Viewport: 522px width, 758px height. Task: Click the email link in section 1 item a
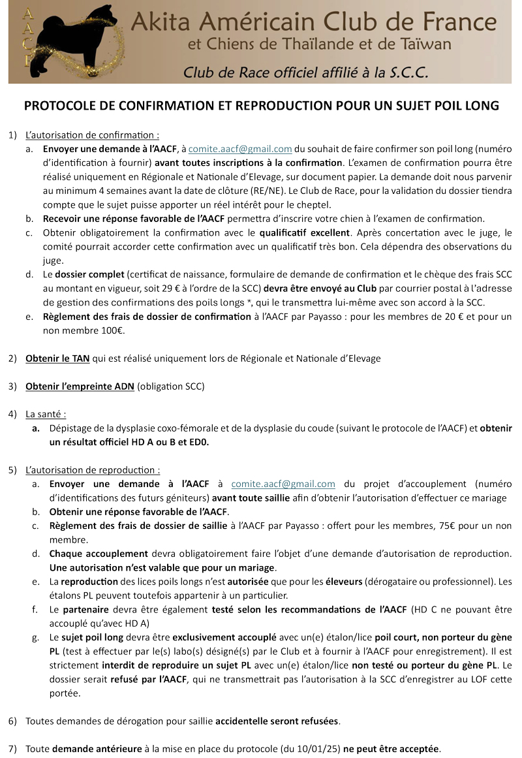point(240,149)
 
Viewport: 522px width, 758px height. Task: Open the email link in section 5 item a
point(283,484)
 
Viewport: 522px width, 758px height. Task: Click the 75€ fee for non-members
point(464,526)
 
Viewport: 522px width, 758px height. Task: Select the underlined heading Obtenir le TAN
point(53,358)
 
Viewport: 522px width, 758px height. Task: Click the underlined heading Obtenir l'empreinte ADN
point(80,386)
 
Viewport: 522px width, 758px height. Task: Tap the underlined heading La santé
point(46,414)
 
